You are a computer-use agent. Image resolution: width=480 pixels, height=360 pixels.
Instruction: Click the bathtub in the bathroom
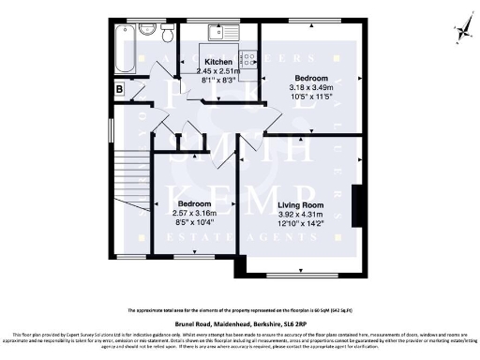pyautogui.click(x=123, y=49)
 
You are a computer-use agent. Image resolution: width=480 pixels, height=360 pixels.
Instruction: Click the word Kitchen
pyautogui.click(x=218, y=62)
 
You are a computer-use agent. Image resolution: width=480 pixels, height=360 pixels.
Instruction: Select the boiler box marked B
pyautogui.click(x=119, y=88)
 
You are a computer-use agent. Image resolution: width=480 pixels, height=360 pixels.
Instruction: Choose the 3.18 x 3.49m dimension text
pyautogui.click(x=312, y=86)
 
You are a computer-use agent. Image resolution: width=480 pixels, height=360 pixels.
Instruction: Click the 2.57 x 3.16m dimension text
pyautogui.click(x=195, y=213)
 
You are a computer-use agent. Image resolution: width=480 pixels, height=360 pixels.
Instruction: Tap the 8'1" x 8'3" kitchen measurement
pyautogui.click(x=218, y=80)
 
